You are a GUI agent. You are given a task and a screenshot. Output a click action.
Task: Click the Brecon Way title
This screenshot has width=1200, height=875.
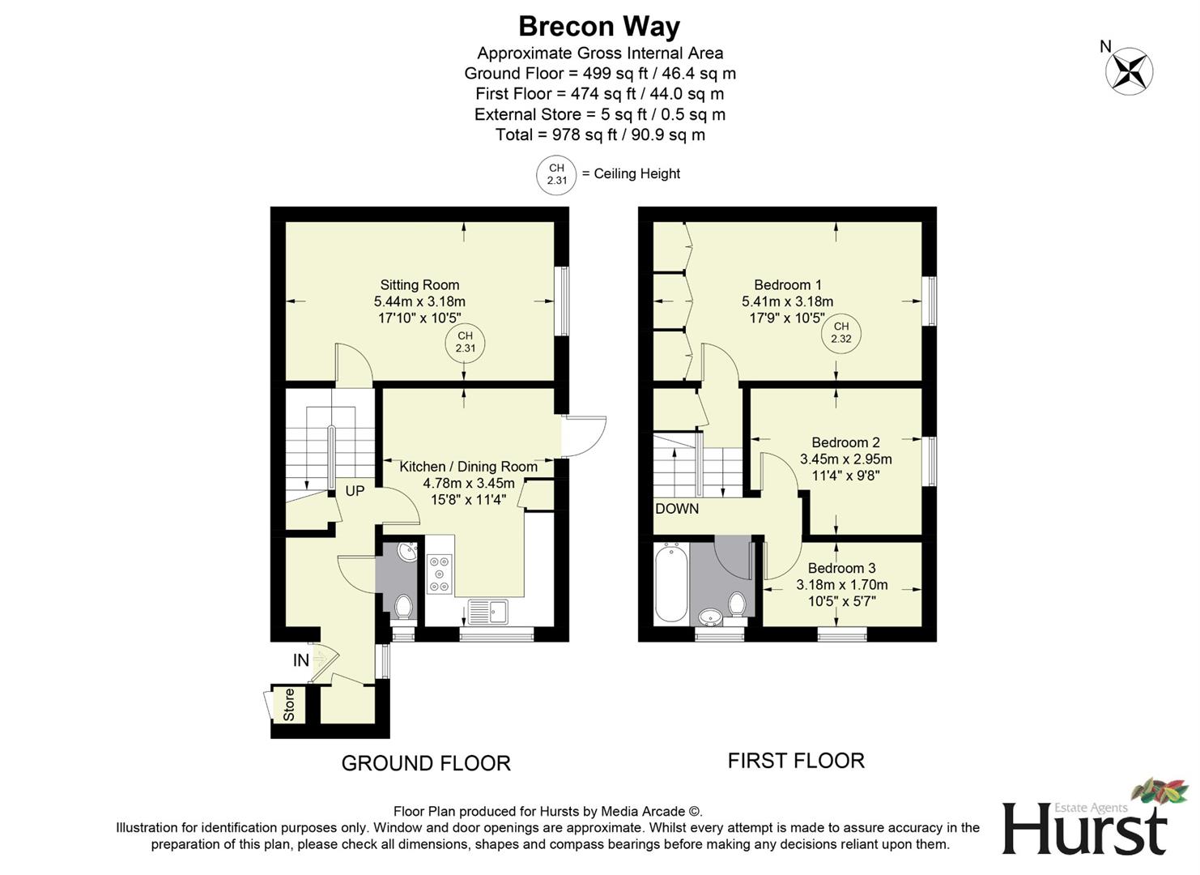(599, 27)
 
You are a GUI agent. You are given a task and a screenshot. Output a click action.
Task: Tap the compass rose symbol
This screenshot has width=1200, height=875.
(1129, 70)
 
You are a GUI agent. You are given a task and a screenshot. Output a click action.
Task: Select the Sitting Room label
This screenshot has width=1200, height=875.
(419, 285)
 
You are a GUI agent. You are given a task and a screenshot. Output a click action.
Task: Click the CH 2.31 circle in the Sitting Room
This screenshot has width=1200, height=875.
(465, 342)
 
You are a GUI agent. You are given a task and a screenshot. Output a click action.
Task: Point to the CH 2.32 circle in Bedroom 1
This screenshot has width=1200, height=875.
(841, 333)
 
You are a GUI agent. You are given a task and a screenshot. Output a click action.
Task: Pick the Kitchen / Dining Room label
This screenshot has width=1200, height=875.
(468, 467)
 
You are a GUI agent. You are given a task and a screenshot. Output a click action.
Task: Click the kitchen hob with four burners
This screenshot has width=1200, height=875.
(440, 574)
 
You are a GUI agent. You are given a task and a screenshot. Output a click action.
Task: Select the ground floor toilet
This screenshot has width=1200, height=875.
(403, 605)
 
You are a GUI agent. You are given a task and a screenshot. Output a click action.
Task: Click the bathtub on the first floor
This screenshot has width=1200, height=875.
(672, 583)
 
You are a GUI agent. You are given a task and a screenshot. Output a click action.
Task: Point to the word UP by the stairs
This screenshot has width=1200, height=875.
(355, 491)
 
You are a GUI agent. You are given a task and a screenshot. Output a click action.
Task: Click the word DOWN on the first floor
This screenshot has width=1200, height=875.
(677, 509)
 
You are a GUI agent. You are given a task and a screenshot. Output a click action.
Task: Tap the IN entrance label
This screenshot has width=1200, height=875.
(300, 660)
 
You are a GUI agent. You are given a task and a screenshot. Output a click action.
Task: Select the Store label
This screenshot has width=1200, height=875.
(289, 705)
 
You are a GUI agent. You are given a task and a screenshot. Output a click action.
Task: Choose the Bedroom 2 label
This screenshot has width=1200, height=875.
(845, 442)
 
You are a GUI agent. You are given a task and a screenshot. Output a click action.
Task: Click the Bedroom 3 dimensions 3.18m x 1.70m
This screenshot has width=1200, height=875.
(841, 585)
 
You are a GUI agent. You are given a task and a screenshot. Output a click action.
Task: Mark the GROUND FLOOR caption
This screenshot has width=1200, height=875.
(426, 763)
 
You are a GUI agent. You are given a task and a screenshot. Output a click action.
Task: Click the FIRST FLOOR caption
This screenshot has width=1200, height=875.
(796, 761)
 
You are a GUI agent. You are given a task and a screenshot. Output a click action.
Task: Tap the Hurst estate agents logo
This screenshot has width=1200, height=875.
(1089, 822)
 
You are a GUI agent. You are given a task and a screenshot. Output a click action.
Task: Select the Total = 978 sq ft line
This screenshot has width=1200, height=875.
(600, 134)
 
